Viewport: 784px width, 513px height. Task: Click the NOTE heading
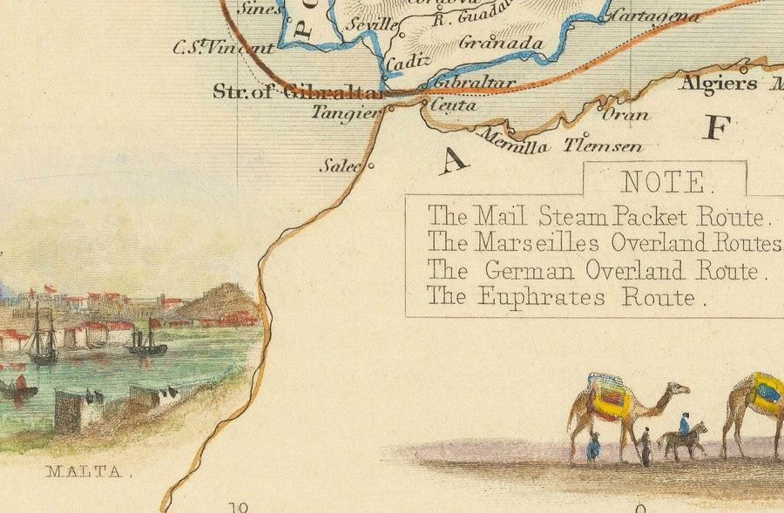664,182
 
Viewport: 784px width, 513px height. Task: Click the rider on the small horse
685,424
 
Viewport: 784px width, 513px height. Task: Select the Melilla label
514,145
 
